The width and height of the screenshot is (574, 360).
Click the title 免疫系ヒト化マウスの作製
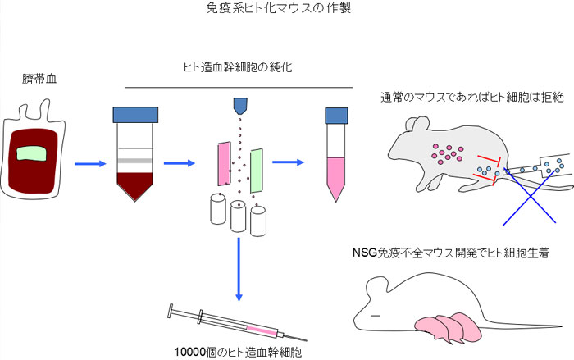(x=279, y=8)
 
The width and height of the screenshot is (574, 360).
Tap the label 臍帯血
(x=39, y=79)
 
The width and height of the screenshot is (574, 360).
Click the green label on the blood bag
(x=31, y=153)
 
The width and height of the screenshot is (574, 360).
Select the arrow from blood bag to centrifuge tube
(x=90, y=164)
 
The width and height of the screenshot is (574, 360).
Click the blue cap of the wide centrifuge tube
(x=135, y=115)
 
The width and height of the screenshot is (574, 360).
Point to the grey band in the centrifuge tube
(x=134, y=161)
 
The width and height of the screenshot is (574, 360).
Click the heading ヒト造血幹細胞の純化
(x=238, y=67)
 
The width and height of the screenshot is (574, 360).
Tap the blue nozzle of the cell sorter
(x=240, y=106)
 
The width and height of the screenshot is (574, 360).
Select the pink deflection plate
(x=224, y=163)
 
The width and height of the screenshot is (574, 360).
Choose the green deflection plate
(x=257, y=171)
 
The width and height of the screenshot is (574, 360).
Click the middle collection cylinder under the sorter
(x=238, y=216)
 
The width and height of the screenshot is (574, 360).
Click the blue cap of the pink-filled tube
(x=336, y=116)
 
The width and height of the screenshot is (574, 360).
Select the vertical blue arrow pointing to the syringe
(x=239, y=270)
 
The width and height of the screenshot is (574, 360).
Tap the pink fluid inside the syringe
(x=262, y=330)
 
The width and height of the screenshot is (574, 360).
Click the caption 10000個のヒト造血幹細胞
(x=238, y=353)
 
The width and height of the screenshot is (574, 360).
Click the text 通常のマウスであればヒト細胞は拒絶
(x=471, y=98)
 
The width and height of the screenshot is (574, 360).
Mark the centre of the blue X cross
(x=530, y=196)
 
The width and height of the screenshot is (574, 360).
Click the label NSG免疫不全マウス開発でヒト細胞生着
(x=451, y=253)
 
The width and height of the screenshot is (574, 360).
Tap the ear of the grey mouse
(x=417, y=126)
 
